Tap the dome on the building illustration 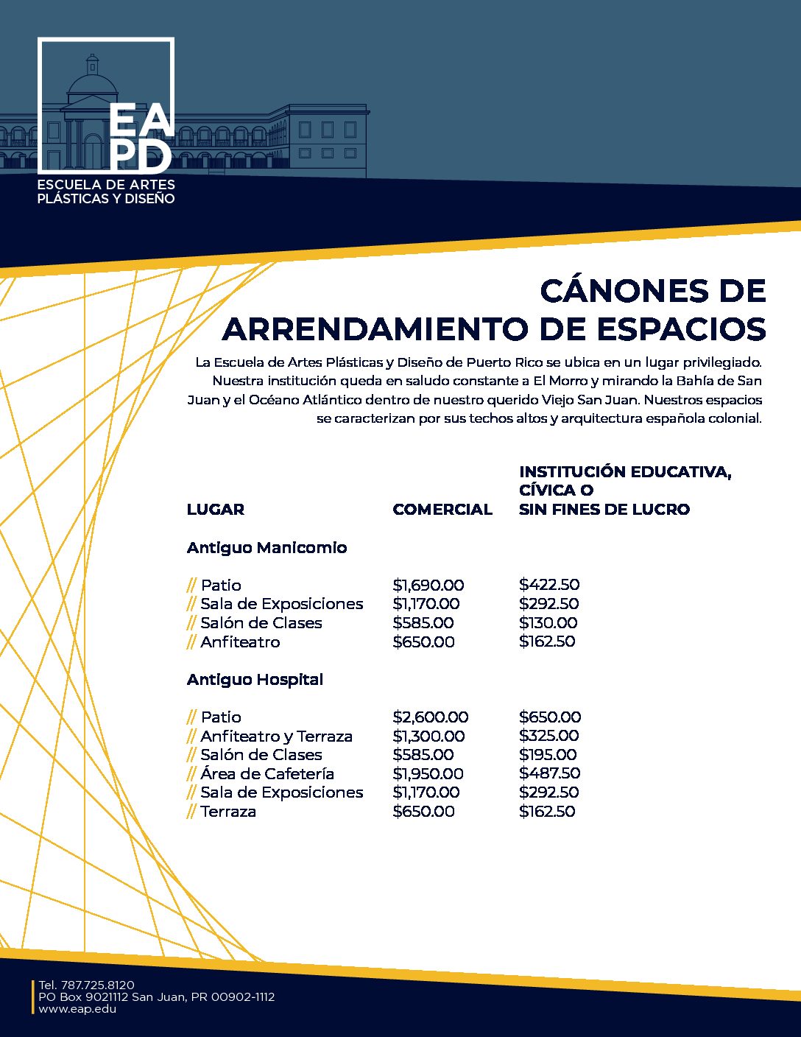92,82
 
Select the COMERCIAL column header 442,509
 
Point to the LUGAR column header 216,509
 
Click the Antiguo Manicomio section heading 267,547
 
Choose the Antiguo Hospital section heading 255,679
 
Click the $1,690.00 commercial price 428,585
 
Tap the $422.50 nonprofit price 549,585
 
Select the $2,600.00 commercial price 431,717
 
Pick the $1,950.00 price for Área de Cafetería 428,773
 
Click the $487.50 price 549,773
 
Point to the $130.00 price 548,622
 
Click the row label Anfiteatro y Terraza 276,736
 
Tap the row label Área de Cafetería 267,773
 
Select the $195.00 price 548,754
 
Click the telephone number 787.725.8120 97,985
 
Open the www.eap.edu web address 77,1009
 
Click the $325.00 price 548,736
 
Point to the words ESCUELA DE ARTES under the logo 106,184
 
